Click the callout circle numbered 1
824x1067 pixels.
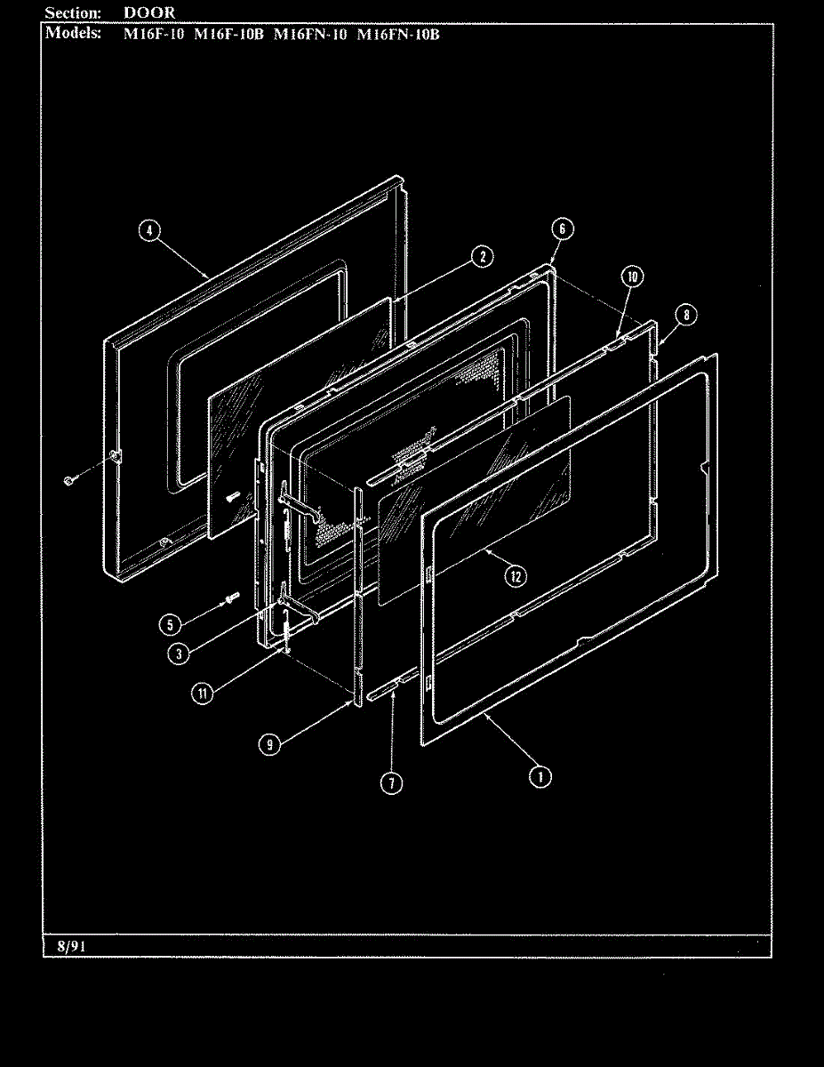[x=539, y=776]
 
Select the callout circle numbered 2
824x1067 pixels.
[x=480, y=257]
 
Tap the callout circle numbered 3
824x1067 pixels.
[x=180, y=653]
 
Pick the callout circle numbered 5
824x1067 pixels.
[x=170, y=623]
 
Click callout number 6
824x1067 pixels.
[x=561, y=228]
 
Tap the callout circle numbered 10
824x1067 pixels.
[x=631, y=277]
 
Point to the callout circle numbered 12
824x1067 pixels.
[x=516, y=575]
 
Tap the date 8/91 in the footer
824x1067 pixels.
[x=64, y=946]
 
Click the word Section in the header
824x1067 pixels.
[x=72, y=12]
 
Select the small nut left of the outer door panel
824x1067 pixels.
[x=68, y=480]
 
